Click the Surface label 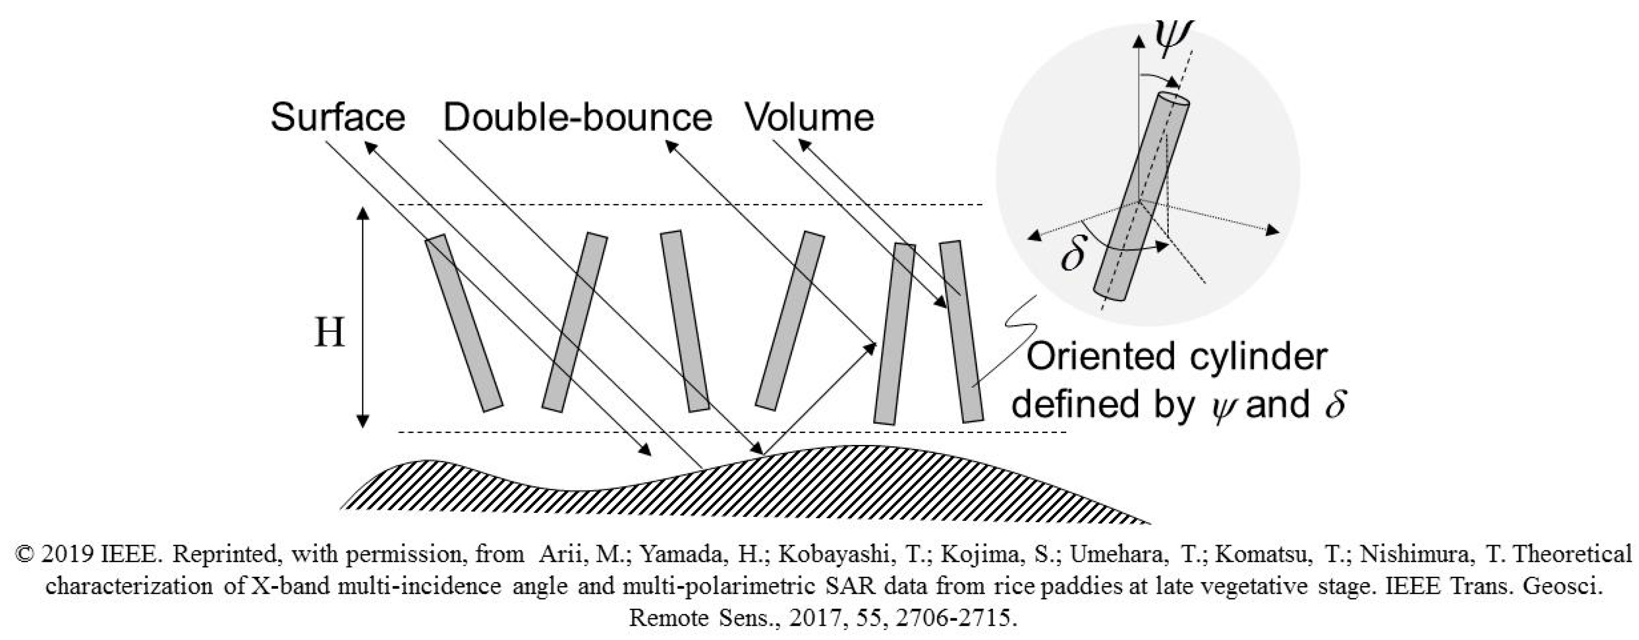(338, 118)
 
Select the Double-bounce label (577, 118)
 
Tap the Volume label (809, 118)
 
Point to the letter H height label (330, 333)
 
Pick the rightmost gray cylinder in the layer (961, 331)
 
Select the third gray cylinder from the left (685, 321)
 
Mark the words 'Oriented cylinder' (1177, 357)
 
